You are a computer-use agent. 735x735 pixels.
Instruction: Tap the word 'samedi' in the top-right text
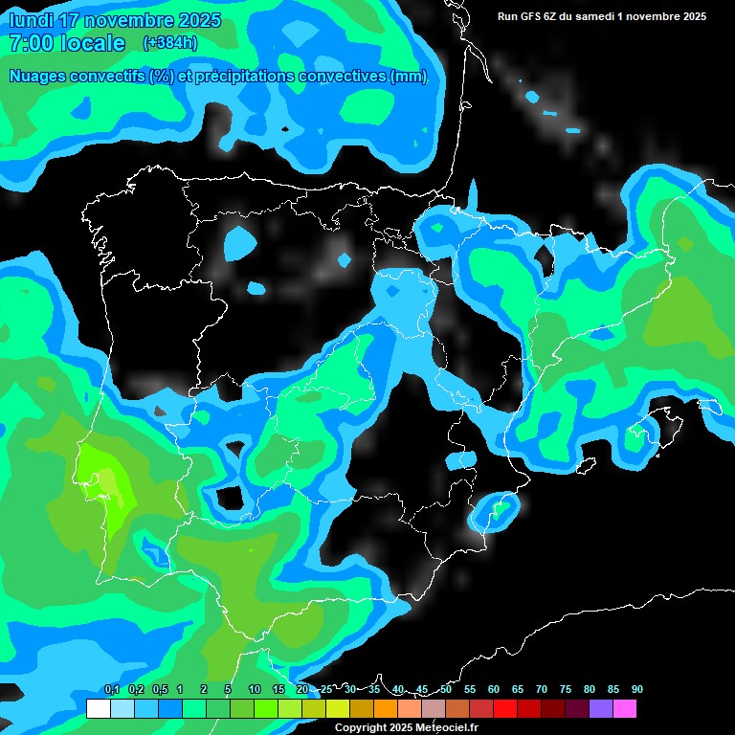coord(594,16)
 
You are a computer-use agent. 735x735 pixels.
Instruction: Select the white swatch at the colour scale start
coord(98,709)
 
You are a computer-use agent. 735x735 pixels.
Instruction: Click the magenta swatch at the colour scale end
coord(625,709)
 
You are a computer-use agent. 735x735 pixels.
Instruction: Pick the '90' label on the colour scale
coord(636,689)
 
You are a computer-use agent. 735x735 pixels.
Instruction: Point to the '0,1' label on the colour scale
coord(112,689)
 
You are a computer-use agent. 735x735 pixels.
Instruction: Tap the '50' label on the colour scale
coord(446,689)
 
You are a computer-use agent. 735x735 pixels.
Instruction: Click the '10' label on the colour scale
coord(254,689)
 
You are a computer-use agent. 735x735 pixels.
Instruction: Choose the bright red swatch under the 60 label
coord(505,709)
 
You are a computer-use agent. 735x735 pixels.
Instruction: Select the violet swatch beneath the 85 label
coord(601,709)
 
